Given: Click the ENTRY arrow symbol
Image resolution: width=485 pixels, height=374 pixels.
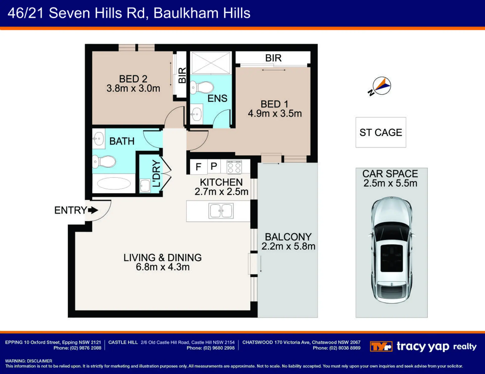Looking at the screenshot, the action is (x=93, y=210).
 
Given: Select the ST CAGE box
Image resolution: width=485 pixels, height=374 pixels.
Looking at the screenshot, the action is (x=381, y=132).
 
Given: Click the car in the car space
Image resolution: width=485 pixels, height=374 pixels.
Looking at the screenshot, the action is (x=392, y=250).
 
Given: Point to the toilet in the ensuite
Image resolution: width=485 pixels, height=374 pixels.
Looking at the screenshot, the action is (x=202, y=87).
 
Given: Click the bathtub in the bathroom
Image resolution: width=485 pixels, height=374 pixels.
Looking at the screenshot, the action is (x=114, y=183).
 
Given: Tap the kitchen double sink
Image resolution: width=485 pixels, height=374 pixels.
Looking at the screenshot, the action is (x=221, y=211).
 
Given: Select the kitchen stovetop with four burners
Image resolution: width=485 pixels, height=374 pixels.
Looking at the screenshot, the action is (x=234, y=167).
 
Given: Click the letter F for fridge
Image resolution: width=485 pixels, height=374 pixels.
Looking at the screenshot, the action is (x=198, y=167).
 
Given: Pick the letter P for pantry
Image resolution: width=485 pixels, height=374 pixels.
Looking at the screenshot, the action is (x=214, y=166).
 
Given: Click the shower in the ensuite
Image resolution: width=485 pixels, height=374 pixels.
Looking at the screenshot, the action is (x=211, y=63).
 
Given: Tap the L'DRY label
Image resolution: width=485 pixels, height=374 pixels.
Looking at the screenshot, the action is (x=156, y=173).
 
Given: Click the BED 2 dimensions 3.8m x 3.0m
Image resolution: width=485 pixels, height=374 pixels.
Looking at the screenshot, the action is (x=133, y=88).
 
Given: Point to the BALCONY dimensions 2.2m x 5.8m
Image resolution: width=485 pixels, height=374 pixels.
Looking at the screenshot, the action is (x=288, y=246).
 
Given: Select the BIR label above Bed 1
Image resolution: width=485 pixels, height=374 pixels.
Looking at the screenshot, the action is (x=273, y=58).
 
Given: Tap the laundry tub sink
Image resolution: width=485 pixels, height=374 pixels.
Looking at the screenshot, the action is (x=145, y=186).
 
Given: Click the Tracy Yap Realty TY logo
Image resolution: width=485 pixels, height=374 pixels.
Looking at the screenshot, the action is (x=381, y=346).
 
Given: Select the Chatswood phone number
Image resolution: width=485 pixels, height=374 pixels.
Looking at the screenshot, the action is (x=336, y=348).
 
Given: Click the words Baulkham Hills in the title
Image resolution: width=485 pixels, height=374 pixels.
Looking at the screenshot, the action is (x=202, y=13).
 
